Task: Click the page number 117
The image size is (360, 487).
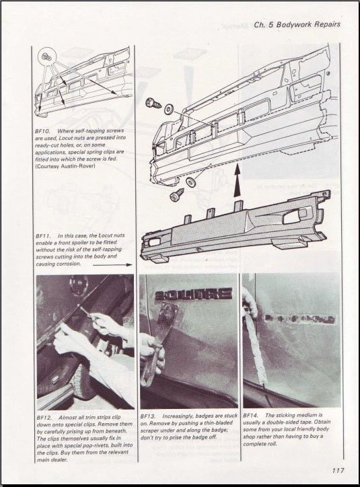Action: (x=338, y=470)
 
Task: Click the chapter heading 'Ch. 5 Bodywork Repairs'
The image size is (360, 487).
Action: (x=297, y=24)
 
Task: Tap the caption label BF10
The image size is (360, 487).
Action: (x=43, y=131)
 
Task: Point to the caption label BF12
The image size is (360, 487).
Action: (x=44, y=418)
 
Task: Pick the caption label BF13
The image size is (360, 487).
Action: (x=147, y=416)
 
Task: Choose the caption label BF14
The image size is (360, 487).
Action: (x=251, y=416)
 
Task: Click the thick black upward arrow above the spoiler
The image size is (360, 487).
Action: (x=238, y=181)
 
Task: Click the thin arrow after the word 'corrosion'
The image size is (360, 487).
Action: (x=112, y=265)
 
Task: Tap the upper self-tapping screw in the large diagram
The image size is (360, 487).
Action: (x=153, y=102)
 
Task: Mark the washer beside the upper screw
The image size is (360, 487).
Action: (x=170, y=108)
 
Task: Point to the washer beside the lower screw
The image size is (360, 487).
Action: (x=189, y=182)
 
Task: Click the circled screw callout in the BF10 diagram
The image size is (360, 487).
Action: (x=46, y=57)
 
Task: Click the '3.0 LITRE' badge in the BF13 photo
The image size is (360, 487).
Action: (x=194, y=294)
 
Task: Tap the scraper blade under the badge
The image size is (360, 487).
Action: (x=166, y=317)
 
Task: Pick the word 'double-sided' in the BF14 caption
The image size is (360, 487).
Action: (x=289, y=422)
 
